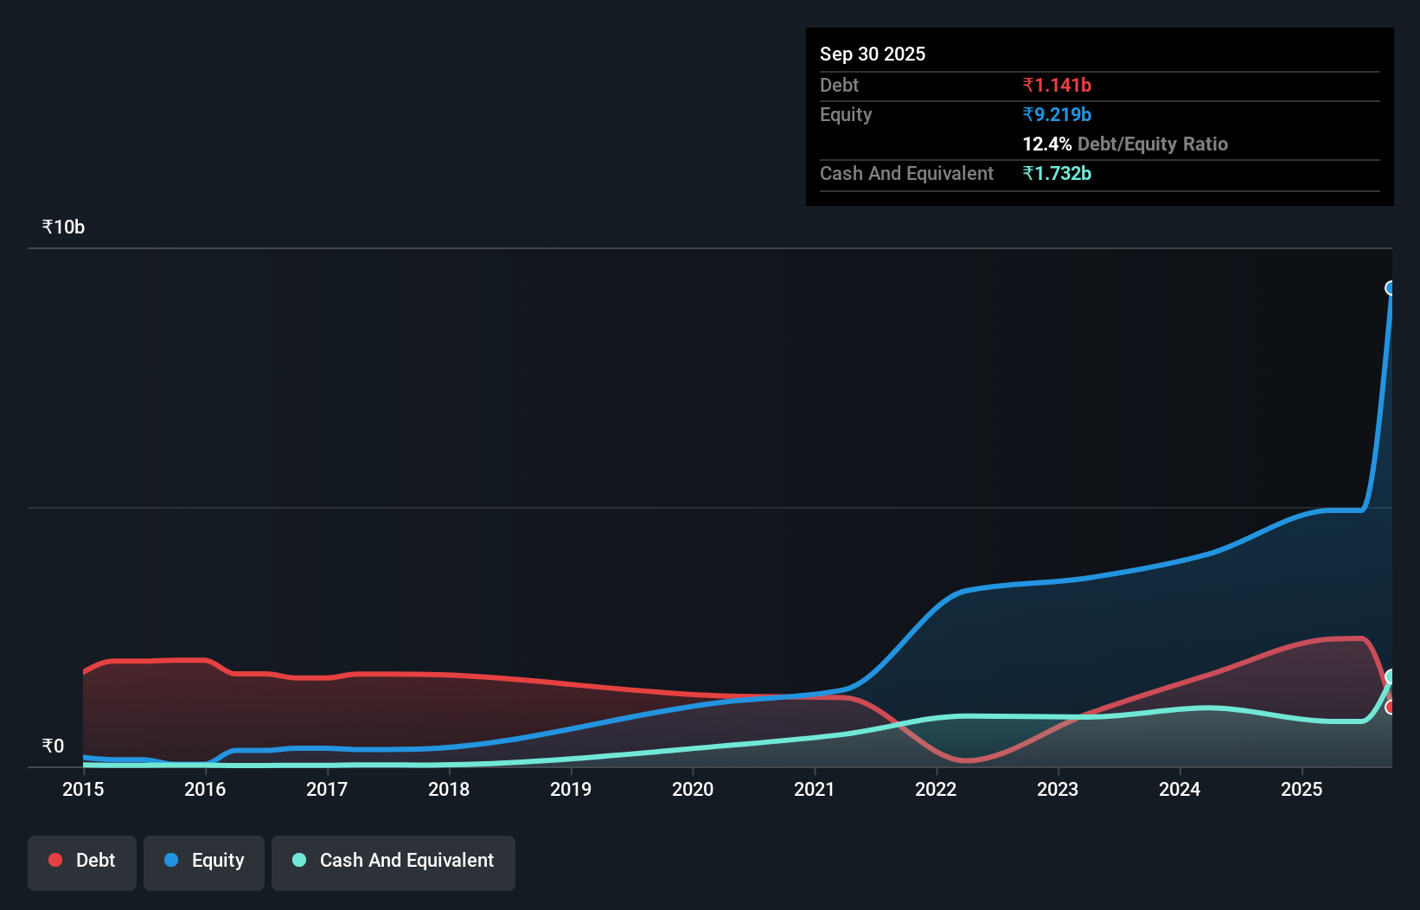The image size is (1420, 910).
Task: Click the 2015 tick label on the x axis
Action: tap(83, 789)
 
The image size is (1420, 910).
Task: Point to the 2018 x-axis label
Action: tap(449, 789)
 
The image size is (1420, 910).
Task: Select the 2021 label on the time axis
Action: tap(815, 789)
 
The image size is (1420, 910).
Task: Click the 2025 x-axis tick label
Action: tap(1302, 789)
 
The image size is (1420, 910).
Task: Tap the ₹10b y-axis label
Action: tap(63, 227)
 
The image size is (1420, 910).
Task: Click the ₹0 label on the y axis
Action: tap(53, 746)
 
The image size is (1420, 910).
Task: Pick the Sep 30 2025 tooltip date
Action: tap(872, 54)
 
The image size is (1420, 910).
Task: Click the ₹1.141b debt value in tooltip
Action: tap(1056, 85)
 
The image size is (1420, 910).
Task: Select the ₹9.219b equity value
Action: tap(1056, 114)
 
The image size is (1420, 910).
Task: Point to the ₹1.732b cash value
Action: tap(1056, 173)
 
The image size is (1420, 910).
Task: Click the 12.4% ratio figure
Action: tap(1046, 144)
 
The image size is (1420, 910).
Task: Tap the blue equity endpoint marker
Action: tap(1391, 288)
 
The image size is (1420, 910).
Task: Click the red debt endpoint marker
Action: tap(1391, 708)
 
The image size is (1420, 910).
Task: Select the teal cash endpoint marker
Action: tap(1391, 676)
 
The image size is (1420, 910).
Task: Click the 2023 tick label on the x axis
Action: tap(1058, 789)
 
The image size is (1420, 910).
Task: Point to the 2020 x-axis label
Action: tap(693, 789)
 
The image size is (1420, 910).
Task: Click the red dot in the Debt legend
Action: tap(55, 860)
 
